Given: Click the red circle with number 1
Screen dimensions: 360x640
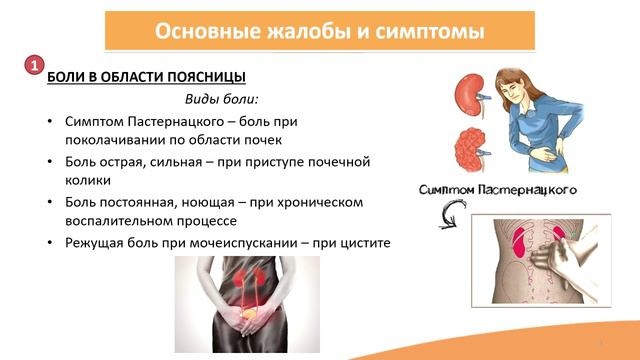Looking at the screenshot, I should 32,65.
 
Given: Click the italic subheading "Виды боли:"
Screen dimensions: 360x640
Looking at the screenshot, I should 221,100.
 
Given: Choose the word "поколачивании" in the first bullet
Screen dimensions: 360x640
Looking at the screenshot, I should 112,140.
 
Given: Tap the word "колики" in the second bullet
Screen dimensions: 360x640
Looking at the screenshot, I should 85,180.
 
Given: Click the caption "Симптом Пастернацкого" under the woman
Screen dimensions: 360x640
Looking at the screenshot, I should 499,189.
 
